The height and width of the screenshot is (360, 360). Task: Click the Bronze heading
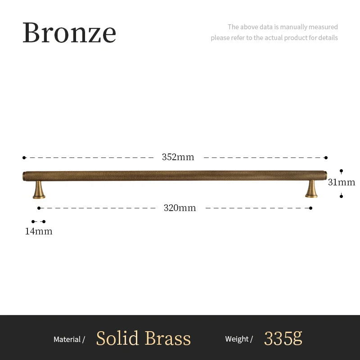[69, 32]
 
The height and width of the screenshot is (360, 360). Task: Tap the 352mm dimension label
[178, 157]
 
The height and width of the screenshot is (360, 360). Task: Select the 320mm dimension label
[180, 208]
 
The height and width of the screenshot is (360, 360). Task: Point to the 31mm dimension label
[342, 182]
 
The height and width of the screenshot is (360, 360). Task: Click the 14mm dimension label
[39, 231]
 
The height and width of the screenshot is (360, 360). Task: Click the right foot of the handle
[311, 189]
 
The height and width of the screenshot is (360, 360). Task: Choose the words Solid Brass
[144, 338]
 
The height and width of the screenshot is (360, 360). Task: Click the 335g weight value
[283, 338]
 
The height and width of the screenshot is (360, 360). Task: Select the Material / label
[69, 339]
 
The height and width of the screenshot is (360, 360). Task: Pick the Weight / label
[239, 339]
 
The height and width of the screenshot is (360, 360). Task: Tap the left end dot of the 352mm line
[24, 157]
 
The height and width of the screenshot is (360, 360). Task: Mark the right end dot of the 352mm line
[326, 157]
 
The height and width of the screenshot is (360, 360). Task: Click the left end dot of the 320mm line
[39, 208]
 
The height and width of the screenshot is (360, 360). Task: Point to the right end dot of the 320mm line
[311, 208]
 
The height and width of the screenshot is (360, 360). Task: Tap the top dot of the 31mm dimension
[342, 171]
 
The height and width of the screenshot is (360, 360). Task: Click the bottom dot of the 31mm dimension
[342, 196]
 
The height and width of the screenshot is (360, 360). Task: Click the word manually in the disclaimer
[294, 27]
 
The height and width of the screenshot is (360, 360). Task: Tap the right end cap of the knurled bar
[325, 175]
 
